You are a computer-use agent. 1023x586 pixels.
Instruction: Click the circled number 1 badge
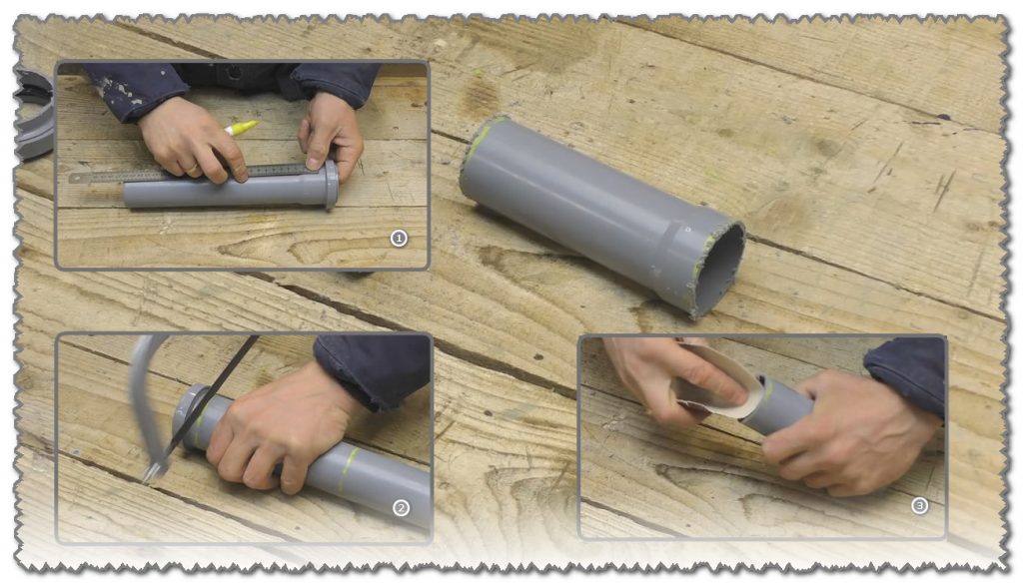[x=399, y=238]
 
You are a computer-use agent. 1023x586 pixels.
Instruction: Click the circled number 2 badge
[x=401, y=508]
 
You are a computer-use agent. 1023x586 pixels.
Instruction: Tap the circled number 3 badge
[x=919, y=505]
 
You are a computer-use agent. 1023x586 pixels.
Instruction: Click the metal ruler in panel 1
[x=189, y=174]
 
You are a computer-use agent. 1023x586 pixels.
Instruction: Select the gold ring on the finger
[x=191, y=168]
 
